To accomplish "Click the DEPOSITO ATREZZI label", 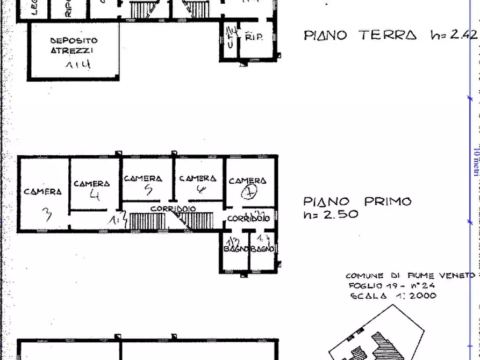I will click(74, 45).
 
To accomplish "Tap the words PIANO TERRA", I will click(360, 35).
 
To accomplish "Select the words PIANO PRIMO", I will click(357, 202).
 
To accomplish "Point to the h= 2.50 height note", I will click(331, 214).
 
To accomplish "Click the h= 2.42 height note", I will click(454, 35).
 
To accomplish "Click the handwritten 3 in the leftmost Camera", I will click(47, 214).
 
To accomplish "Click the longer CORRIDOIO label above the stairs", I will click(173, 208).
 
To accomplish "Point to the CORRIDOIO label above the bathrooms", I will click(248, 219).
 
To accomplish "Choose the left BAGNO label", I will click(235, 249).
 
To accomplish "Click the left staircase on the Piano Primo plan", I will click(146, 221).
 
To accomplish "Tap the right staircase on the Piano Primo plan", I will click(197, 220).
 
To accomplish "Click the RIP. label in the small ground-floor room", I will click(253, 38).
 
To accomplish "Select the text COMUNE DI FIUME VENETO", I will click(410, 275).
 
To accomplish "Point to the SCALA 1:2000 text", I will click(393, 296).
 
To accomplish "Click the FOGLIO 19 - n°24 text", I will click(391, 285).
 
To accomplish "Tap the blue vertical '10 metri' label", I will click(476, 161).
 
